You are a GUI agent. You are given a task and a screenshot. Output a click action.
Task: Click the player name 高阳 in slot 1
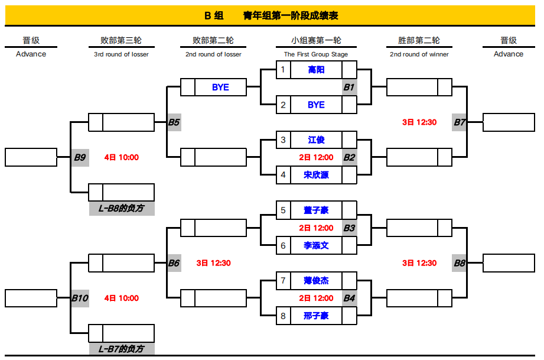click(316, 70)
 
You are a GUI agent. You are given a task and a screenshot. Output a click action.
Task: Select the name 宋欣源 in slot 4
click(316, 175)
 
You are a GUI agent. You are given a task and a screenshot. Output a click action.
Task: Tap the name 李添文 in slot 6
click(316, 245)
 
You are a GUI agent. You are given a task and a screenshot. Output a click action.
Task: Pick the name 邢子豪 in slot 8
click(316, 316)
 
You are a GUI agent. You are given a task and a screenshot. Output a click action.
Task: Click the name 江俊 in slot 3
click(316, 140)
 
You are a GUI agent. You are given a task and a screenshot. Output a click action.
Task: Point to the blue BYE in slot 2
click(316, 105)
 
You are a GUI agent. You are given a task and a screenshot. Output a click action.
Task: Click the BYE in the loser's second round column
click(220, 87)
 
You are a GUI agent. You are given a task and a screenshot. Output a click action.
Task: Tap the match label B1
click(348, 87)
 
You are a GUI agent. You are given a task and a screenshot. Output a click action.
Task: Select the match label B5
click(174, 122)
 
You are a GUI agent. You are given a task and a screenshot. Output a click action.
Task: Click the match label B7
click(460, 122)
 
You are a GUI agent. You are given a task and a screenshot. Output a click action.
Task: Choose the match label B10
click(80, 298)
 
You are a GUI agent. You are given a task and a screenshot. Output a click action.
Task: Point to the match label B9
click(80, 158)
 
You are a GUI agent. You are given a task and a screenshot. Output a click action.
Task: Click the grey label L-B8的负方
click(122, 208)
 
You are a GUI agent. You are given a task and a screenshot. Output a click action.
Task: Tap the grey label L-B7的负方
click(122, 349)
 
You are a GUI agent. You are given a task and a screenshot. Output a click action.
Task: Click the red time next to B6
click(213, 263)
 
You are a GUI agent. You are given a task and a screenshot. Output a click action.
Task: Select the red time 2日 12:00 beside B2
click(316, 158)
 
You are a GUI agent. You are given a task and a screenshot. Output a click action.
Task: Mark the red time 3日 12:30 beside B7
click(419, 122)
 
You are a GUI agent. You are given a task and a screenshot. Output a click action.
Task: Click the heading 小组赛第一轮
click(316, 40)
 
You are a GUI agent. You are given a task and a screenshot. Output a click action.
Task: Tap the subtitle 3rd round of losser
click(121, 54)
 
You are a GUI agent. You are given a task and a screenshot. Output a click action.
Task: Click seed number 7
click(283, 281)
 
